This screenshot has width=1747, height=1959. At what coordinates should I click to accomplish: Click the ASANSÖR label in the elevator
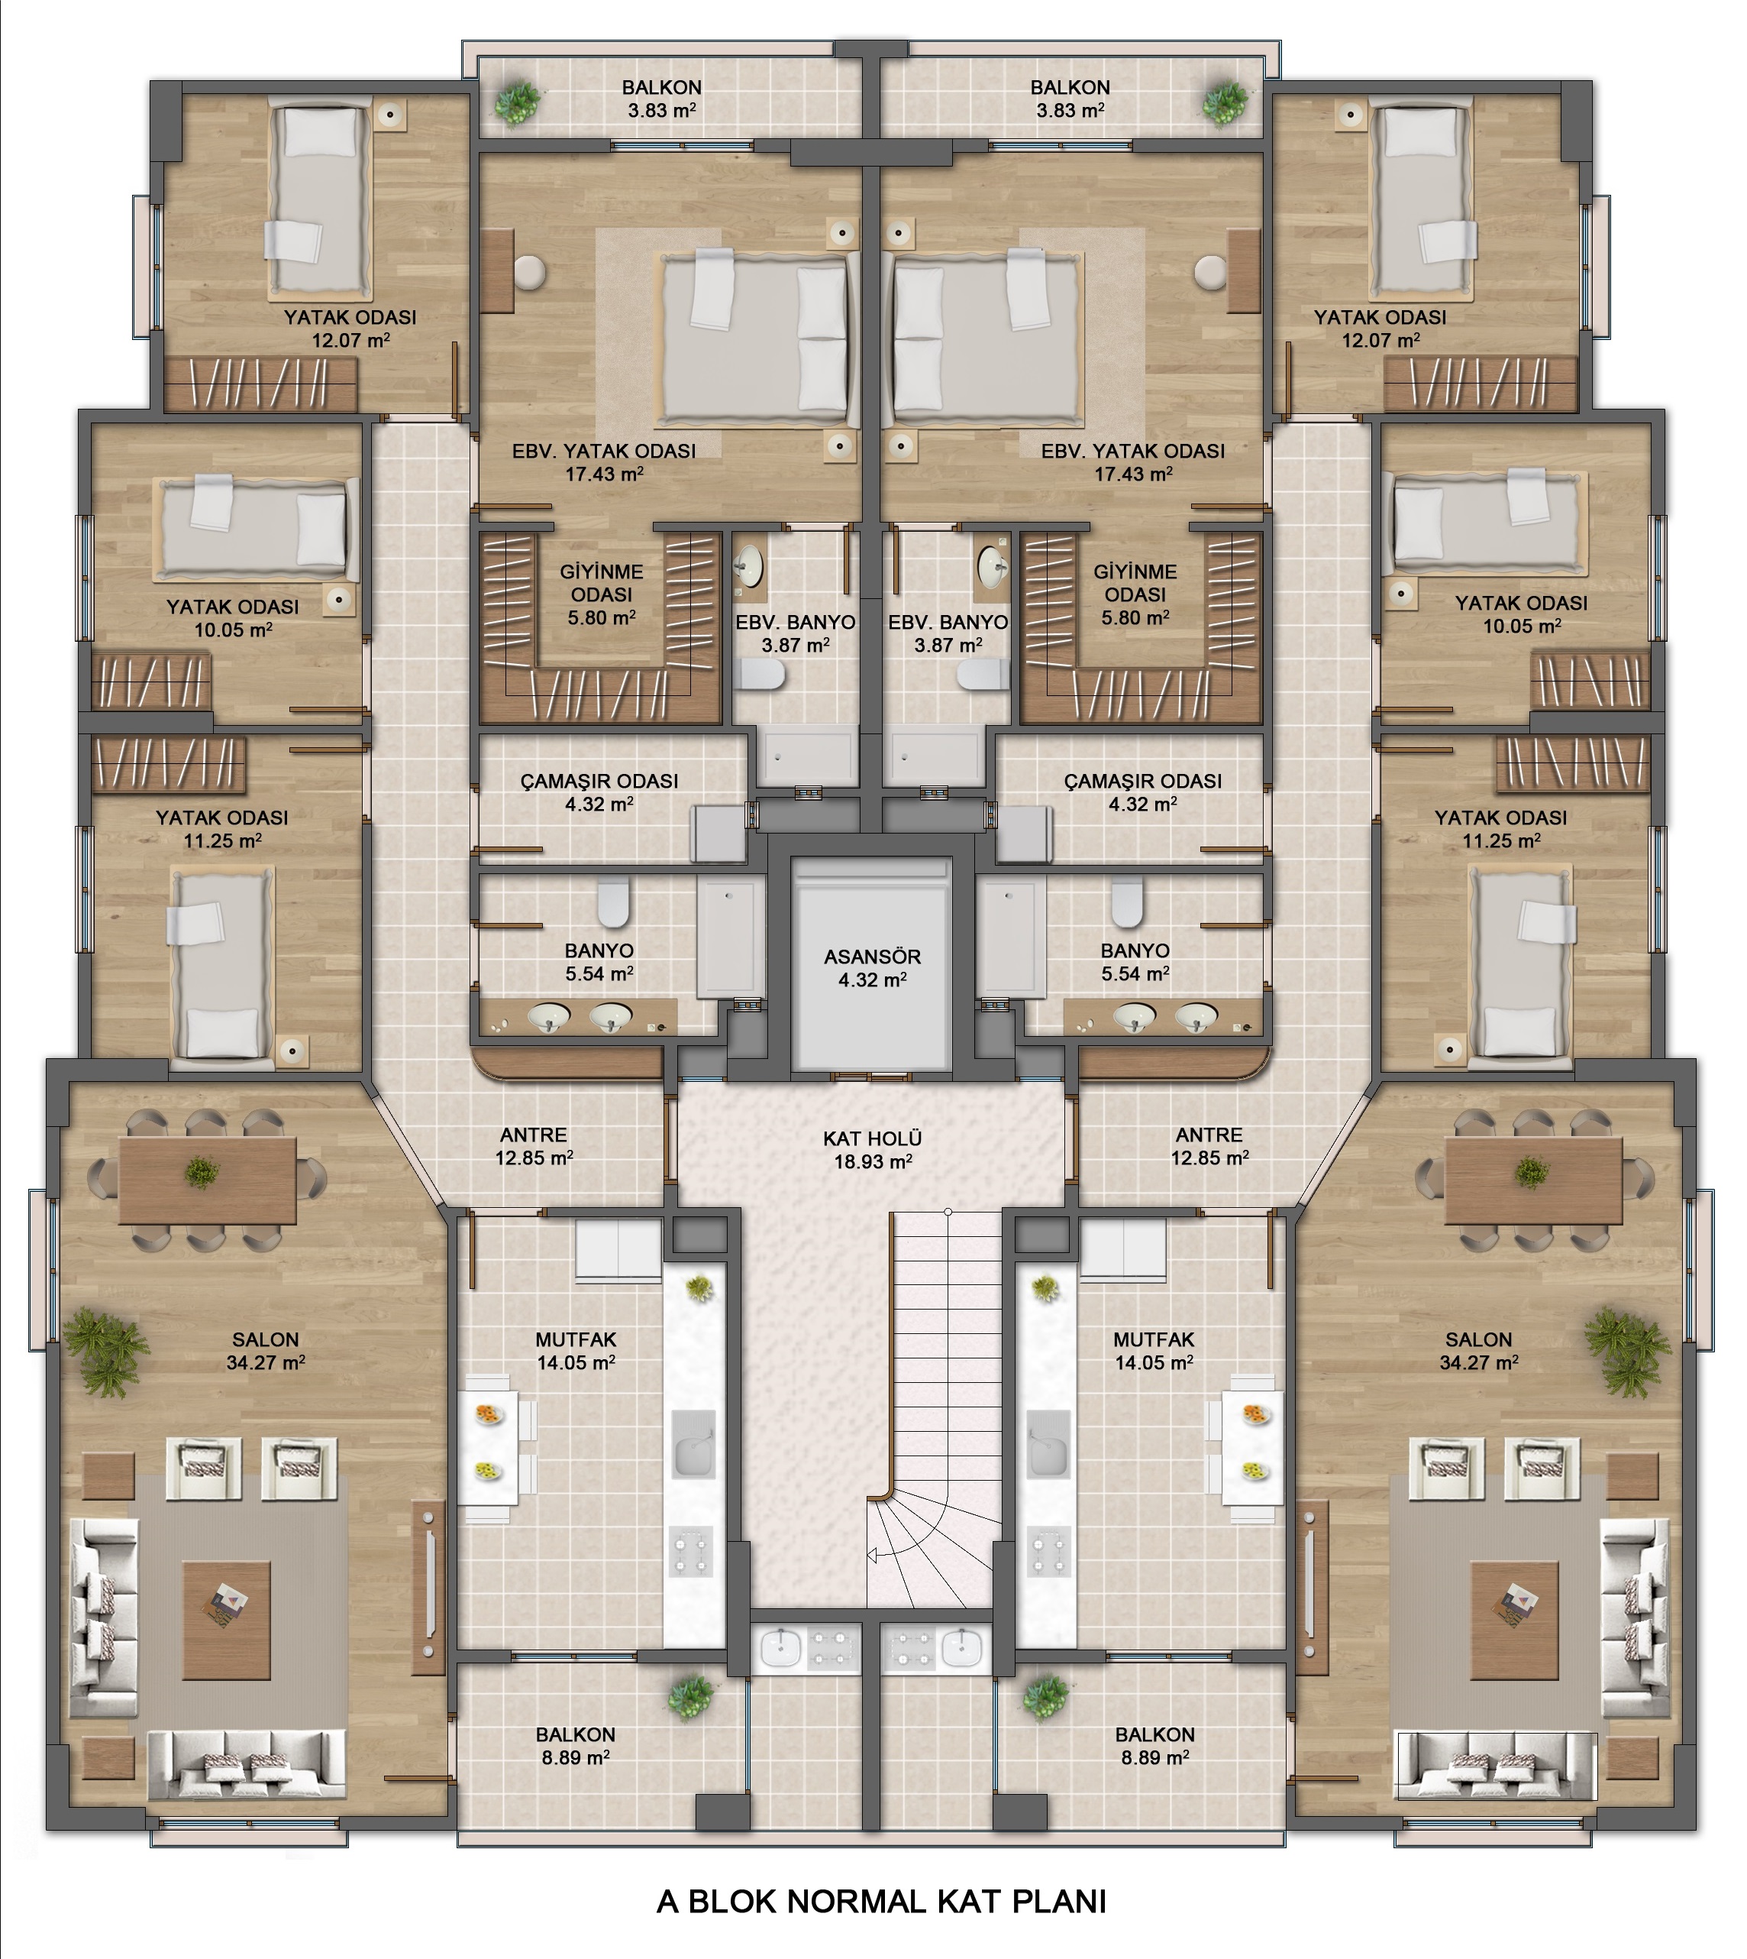tap(871, 957)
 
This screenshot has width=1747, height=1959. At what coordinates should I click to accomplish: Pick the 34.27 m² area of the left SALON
tap(266, 1362)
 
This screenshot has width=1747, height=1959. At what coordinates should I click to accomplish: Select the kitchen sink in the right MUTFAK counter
tap(1049, 1443)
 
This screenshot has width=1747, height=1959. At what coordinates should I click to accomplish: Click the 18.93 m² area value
tap(873, 1161)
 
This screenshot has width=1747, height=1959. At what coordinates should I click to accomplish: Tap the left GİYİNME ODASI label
tap(602, 583)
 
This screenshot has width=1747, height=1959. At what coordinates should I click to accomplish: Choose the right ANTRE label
tap(1209, 1135)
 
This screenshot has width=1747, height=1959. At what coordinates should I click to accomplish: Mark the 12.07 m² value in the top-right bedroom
tap(1380, 340)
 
